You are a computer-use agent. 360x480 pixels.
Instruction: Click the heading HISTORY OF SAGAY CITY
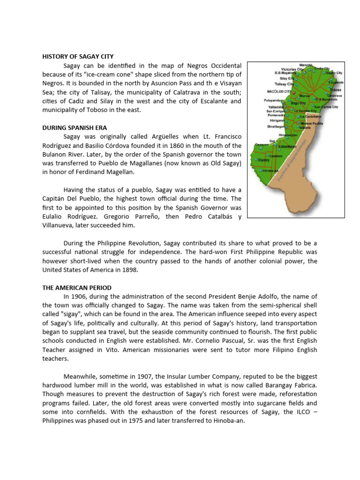click(x=78, y=57)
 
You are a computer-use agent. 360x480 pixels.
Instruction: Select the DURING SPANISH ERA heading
click(x=75, y=127)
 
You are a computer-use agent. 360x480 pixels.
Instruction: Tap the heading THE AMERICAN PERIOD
click(x=77, y=287)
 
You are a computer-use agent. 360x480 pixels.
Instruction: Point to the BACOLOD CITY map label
click(x=278, y=92)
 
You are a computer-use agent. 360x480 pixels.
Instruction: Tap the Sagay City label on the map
click(x=334, y=73)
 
